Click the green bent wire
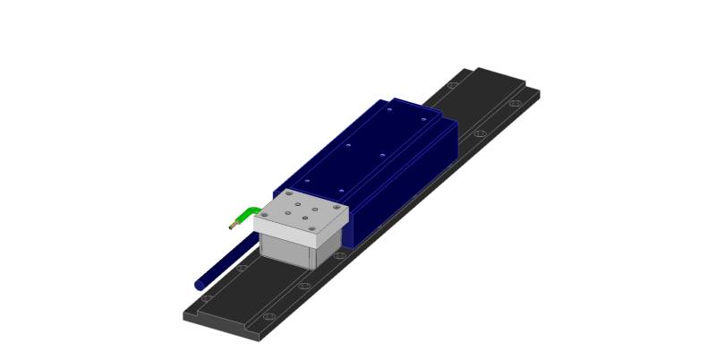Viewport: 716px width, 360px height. coord(244,216)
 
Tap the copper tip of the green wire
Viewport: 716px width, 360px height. coord(232,226)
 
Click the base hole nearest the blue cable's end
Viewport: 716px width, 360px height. coord(208,296)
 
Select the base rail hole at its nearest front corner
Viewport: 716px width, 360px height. coord(268,317)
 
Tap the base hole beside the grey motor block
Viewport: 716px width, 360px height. coord(339,255)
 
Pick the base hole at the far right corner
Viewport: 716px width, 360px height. coord(514,103)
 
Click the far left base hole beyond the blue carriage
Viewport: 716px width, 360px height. coord(452,85)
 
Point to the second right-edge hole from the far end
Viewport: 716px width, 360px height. coord(481,133)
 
